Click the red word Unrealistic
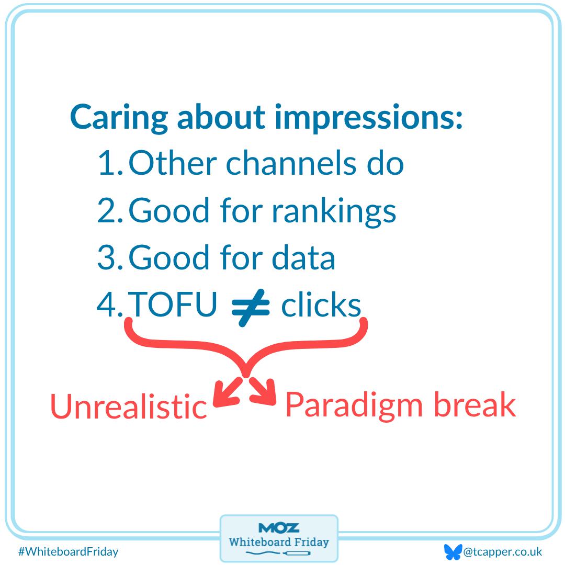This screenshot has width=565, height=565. pyautogui.click(x=129, y=406)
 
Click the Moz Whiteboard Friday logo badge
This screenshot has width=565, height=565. pyautogui.click(x=279, y=538)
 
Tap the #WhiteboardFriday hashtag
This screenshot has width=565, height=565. pyautogui.click(x=68, y=551)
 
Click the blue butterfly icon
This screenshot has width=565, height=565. pyautogui.click(x=452, y=552)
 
